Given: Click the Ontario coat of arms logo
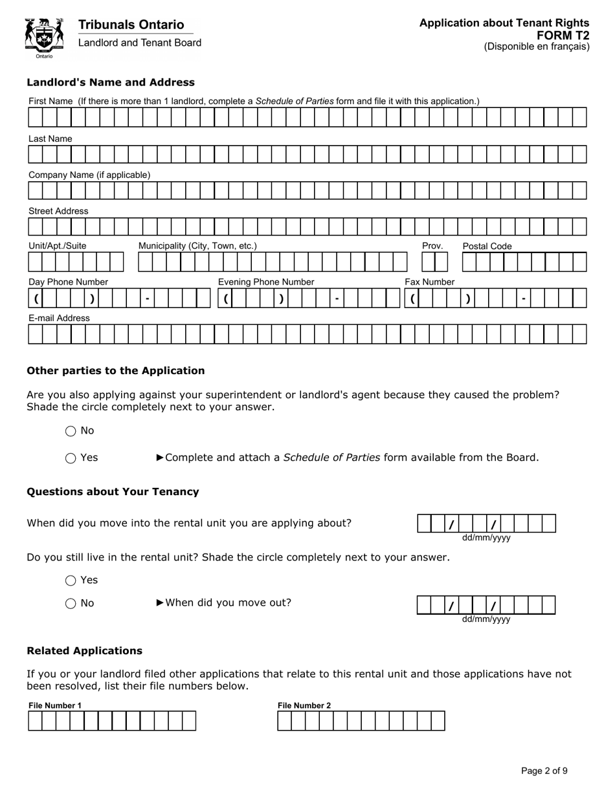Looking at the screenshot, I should (x=44, y=38).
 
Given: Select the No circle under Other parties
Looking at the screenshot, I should (x=71, y=431).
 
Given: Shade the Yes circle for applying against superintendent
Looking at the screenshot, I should (x=71, y=458).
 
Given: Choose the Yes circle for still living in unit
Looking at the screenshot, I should (x=71, y=580).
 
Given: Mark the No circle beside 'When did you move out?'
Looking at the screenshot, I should (x=71, y=604).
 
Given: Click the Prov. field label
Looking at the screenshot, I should (x=432, y=246).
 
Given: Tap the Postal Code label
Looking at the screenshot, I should (x=487, y=246).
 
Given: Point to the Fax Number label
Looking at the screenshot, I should (x=429, y=282).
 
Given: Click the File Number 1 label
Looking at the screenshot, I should (x=55, y=705).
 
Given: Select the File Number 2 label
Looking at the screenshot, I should (x=304, y=705).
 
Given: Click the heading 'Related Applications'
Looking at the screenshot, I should (x=84, y=651).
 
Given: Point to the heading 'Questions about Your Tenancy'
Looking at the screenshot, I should (x=113, y=492).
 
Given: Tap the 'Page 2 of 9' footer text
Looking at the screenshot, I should (x=544, y=771).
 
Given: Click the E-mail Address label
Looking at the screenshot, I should (x=59, y=318).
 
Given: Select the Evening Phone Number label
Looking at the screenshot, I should (x=265, y=282).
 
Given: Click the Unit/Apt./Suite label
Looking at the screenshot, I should (x=57, y=246).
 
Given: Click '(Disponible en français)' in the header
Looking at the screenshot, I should (x=537, y=47).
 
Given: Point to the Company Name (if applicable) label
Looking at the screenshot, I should (x=89, y=175).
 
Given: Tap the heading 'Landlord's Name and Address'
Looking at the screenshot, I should (x=110, y=82).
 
